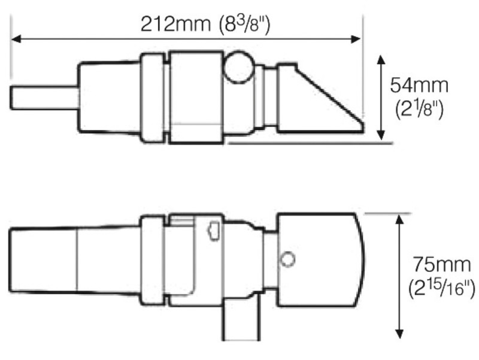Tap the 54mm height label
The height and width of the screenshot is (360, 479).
click(419, 85)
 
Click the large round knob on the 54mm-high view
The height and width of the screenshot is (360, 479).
click(237, 68)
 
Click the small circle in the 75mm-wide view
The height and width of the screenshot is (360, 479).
click(288, 258)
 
